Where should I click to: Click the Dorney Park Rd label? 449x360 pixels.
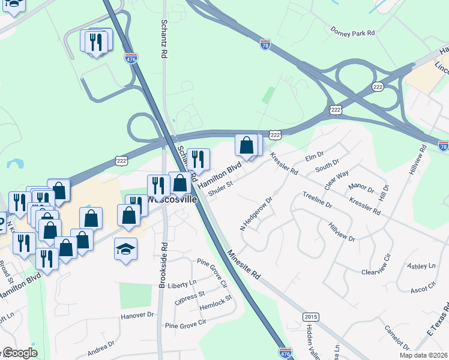tap(352, 29)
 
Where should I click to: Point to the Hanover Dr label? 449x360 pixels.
tap(138, 314)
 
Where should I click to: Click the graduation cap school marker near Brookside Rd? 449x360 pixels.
tap(125, 248)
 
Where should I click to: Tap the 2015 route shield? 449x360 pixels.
tap(310, 317)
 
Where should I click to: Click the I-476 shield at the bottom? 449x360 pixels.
tap(286, 353)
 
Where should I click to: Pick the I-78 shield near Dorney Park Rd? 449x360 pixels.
tap(265, 44)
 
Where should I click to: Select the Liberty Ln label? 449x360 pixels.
tap(182, 283)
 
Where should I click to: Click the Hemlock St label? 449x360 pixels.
tap(217, 305)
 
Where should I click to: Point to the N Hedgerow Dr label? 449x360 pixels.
tap(256, 214)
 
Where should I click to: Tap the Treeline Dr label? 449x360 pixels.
tap(318, 200)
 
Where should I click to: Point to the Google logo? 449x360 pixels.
tap(20, 353)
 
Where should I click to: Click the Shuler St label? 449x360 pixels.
tap(221, 188)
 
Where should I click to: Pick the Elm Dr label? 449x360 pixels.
tap(315, 157)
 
